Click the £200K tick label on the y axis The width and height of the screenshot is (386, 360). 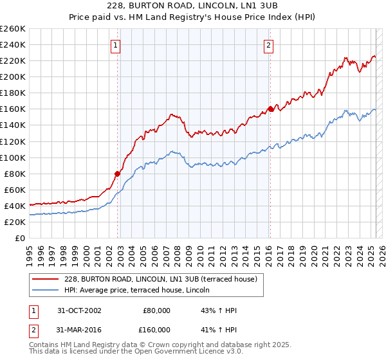tap(13, 76)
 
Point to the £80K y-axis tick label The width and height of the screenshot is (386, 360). tap(15, 174)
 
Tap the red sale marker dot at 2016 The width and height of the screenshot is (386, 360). tap(270, 109)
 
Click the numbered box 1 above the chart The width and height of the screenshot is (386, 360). tap(115, 45)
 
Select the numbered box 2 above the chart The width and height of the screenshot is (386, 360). tap(268, 45)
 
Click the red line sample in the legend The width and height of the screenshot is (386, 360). tap(45, 278)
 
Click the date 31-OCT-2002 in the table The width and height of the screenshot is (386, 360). tap(79, 310)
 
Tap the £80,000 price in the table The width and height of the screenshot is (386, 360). tap(157, 310)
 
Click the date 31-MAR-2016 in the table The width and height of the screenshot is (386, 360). tap(79, 329)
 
